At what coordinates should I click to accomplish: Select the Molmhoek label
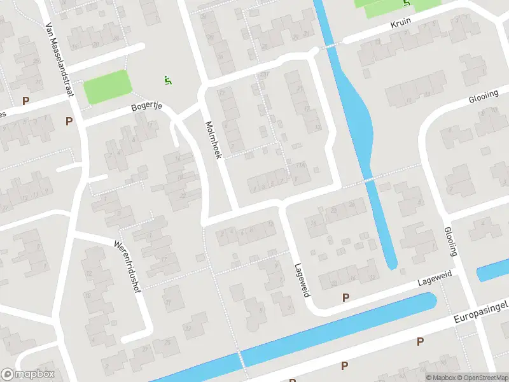click(212, 139)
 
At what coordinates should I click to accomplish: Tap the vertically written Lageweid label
click(301, 280)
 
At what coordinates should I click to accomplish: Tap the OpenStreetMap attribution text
click(482, 378)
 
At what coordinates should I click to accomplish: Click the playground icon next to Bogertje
click(167, 80)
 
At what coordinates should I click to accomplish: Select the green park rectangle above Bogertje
click(108, 87)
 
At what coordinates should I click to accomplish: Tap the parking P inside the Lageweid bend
click(346, 297)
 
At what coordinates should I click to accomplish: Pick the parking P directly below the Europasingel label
click(420, 342)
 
